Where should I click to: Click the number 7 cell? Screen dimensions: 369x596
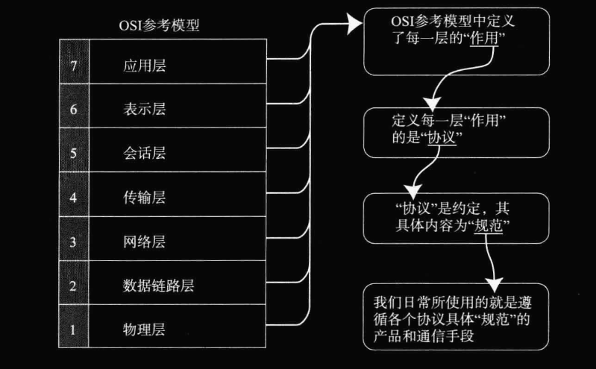(73, 65)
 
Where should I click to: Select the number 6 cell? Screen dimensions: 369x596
(73, 109)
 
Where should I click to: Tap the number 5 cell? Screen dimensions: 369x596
(73, 154)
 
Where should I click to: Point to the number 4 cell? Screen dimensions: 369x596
(73, 198)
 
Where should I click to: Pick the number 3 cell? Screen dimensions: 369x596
(73, 242)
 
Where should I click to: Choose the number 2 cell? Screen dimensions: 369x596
(73, 286)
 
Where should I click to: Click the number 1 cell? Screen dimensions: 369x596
(73, 329)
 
